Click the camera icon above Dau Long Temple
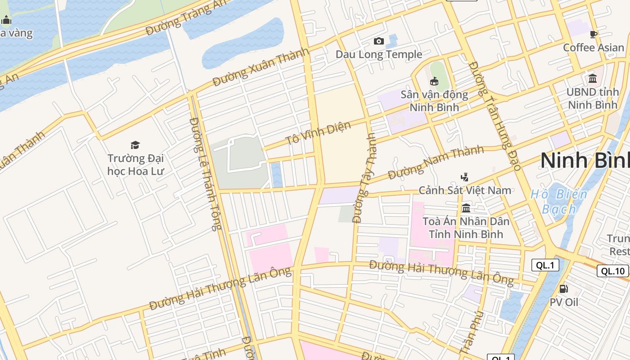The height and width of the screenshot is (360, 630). (x=379, y=41)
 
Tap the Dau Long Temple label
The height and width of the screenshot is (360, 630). (x=379, y=54)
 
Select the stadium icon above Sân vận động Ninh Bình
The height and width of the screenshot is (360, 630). (x=434, y=81)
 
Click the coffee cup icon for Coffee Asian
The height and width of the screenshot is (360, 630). (x=594, y=34)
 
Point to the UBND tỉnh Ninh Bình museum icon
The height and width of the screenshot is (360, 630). (x=593, y=78)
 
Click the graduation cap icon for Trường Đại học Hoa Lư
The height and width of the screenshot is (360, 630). (x=135, y=145)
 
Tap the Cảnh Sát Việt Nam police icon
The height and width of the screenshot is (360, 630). (x=465, y=177)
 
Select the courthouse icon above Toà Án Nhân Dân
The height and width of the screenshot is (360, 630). (x=466, y=208)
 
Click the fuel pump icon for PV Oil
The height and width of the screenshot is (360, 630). (x=563, y=288)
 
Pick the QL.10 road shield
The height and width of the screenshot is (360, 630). (x=612, y=271)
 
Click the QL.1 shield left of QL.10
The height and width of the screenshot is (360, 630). (x=545, y=265)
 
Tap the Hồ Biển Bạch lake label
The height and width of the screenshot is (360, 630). (x=559, y=202)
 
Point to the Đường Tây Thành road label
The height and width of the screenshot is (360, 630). (x=364, y=178)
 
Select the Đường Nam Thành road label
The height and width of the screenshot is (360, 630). (x=436, y=162)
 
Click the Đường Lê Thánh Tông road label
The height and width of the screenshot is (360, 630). (x=206, y=174)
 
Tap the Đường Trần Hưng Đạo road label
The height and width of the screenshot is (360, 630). (x=494, y=116)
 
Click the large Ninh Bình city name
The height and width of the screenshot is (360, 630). (x=585, y=161)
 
